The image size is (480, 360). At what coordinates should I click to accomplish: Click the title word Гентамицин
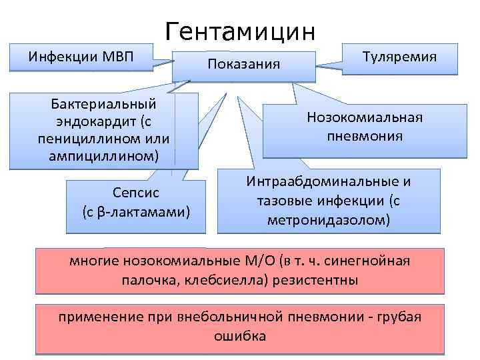click(244, 31)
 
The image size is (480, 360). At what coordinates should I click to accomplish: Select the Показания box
click(244, 64)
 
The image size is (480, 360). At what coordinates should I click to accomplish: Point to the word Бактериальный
click(103, 104)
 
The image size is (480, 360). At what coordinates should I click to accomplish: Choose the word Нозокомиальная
click(365, 118)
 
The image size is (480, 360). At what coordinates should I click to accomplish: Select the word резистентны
click(317, 280)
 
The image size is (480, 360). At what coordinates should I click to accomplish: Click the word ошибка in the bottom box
click(240, 335)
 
